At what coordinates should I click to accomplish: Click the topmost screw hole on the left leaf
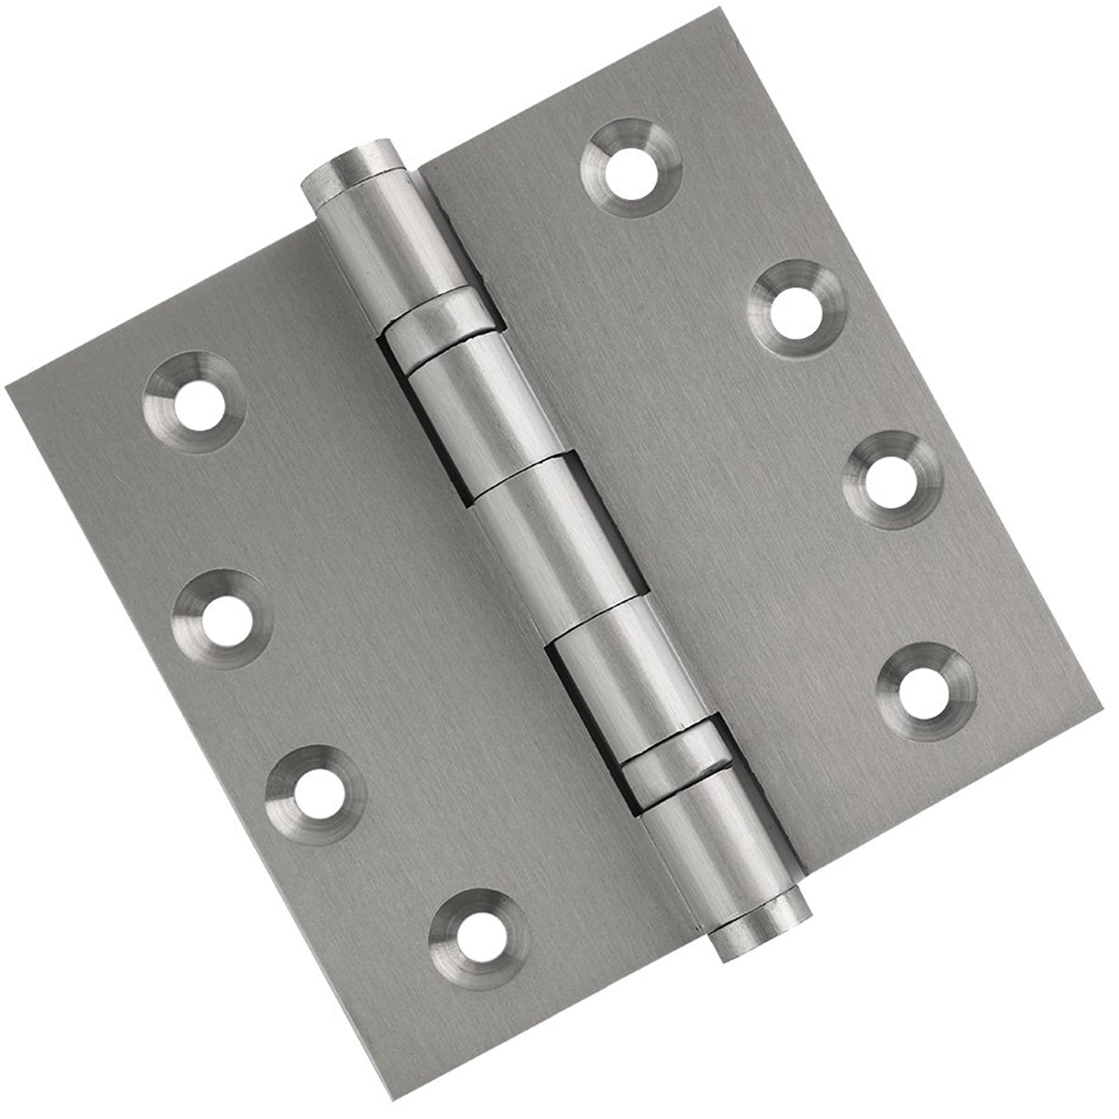198,404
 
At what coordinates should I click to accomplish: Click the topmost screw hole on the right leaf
632,168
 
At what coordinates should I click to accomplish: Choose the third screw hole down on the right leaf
893,480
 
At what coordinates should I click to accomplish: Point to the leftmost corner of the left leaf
6,387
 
